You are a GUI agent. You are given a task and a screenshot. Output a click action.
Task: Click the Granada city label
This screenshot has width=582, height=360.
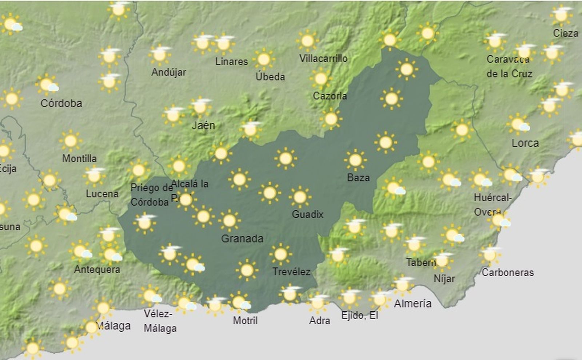(x=242, y=239)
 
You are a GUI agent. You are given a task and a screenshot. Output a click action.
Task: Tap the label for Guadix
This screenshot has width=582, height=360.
(x=307, y=214)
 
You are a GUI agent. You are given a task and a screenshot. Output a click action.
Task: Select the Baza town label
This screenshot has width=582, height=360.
(x=358, y=178)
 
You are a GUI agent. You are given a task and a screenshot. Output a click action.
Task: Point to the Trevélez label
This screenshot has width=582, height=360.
(x=291, y=272)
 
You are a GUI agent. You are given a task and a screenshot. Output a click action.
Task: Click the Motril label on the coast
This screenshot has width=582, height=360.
(x=245, y=321)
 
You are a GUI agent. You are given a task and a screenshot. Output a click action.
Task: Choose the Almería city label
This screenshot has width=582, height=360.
(x=412, y=304)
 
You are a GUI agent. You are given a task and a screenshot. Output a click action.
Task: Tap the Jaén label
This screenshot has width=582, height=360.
(x=203, y=126)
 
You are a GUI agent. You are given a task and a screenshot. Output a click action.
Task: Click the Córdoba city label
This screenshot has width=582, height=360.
(x=61, y=103)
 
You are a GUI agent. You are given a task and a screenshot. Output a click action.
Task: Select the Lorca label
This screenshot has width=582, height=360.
(x=525, y=143)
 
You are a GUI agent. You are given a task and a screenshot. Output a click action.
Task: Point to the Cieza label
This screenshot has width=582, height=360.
(x=565, y=33)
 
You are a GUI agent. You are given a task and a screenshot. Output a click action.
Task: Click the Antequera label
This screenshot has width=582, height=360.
(x=97, y=270)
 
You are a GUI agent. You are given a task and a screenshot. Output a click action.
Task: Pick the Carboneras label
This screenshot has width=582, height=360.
(x=507, y=272)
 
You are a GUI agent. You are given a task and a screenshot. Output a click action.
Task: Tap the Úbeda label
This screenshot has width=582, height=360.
(x=270, y=77)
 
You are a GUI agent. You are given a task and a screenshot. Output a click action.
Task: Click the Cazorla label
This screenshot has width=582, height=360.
(x=330, y=96)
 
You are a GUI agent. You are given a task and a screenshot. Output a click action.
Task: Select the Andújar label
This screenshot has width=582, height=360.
(x=168, y=72)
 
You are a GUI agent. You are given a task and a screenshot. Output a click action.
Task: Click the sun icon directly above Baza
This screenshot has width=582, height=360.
(x=355, y=160)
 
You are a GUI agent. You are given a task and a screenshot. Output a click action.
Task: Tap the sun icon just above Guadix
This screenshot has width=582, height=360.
(x=300, y=197)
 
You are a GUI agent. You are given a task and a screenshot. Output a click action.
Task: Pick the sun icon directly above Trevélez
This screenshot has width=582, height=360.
(x=280, y=254)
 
